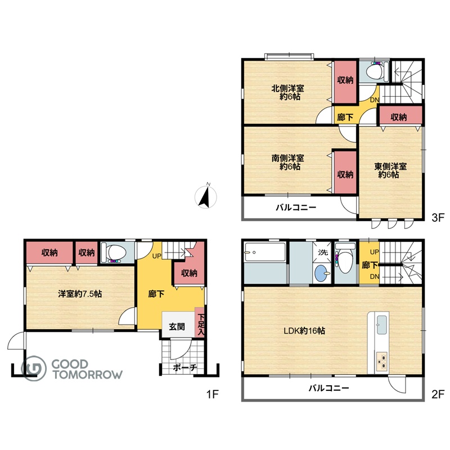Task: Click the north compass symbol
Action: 206,197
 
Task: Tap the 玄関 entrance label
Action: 177,327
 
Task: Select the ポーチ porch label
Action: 185,368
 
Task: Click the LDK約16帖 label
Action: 304,331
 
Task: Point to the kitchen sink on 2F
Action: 382,325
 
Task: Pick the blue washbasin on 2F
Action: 321,273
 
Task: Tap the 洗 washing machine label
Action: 323,252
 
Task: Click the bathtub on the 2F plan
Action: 264,252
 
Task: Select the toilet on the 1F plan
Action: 114,252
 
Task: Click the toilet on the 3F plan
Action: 374,71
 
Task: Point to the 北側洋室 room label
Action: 287,88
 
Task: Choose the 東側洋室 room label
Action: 390,166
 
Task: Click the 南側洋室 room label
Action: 287,158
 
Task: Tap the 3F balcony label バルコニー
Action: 296,208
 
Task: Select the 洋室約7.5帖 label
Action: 80,294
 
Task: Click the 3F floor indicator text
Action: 438,218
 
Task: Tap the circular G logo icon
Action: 34,368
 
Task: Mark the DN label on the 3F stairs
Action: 375,100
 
